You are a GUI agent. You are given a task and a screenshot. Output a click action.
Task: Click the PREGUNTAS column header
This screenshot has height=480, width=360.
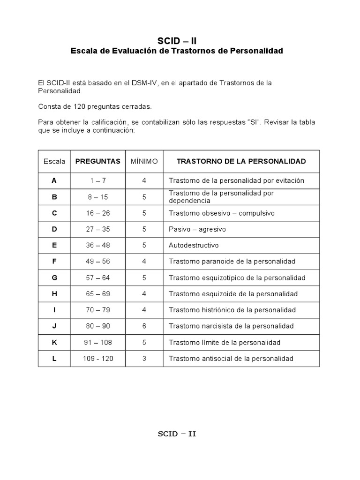pyautogui.click(x=98, y=161)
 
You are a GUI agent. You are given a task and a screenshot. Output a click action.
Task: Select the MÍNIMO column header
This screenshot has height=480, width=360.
pyautogui.click(x=144, y=161)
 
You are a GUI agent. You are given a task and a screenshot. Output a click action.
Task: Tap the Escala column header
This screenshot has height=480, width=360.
pyautogui.click(x=54, y=161)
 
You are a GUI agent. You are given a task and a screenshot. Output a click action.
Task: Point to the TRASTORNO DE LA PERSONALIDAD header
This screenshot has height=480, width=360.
pyautogui.click(x=241, y=161)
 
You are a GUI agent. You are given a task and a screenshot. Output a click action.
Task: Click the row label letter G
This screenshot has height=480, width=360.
pyautogui.click(x=54, y=278)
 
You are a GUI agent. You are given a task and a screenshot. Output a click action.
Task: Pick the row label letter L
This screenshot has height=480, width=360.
pyautogui.click(x=54, y=359)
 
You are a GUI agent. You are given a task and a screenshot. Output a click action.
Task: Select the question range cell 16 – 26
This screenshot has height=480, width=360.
pyautogui.click(x=98, y=213)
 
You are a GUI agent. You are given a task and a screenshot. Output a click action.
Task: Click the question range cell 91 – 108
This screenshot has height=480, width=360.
pyautogui.click(x=98, y=343)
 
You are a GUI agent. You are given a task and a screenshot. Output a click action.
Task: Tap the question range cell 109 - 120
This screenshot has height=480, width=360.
pyautogui.click(x=98, y=359)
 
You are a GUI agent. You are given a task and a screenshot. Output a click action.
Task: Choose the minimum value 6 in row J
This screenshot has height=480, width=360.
pyautogui.click(x=144, y=326)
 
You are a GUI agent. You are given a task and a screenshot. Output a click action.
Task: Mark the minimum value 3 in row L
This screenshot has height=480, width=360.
pyautogui.click(x=144, y=359)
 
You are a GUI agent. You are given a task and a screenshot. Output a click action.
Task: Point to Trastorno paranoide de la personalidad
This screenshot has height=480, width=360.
pyautogui.click(x=232, y=262)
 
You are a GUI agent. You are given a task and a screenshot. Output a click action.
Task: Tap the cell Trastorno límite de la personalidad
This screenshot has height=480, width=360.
pyautogui.click(x=225, y=343)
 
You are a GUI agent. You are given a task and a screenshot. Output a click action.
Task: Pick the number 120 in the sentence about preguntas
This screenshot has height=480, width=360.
pyautogui.click(x=74, y=106)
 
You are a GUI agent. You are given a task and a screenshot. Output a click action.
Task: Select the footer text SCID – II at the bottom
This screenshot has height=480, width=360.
pyautogui.click(x=177, y=434)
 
